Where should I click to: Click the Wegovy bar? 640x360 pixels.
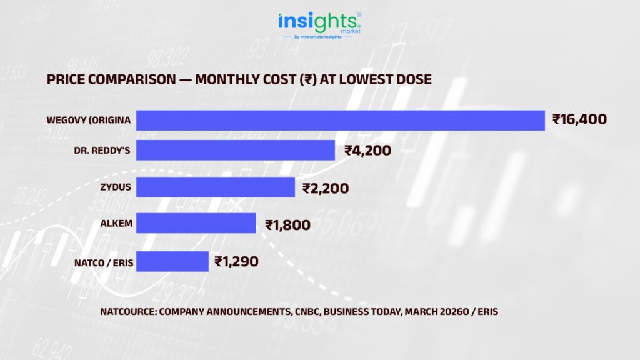click(x=341, y=120)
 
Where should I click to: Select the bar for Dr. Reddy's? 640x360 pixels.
click(x=236, y=150)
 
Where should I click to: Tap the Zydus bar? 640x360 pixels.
click(x=215, y=187)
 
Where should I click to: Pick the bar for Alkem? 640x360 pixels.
click(x=196, y=224)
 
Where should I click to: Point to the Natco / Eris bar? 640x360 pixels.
click(x=172, y=261)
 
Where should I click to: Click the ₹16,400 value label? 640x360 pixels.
click(x=579, y=119)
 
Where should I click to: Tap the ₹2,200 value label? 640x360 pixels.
click(x=326, y=187)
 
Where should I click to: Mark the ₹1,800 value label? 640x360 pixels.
click(x=287, y=224)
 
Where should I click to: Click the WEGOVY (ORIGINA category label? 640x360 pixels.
click(x=88, y=120)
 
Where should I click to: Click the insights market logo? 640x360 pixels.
click(x=319, y=22)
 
